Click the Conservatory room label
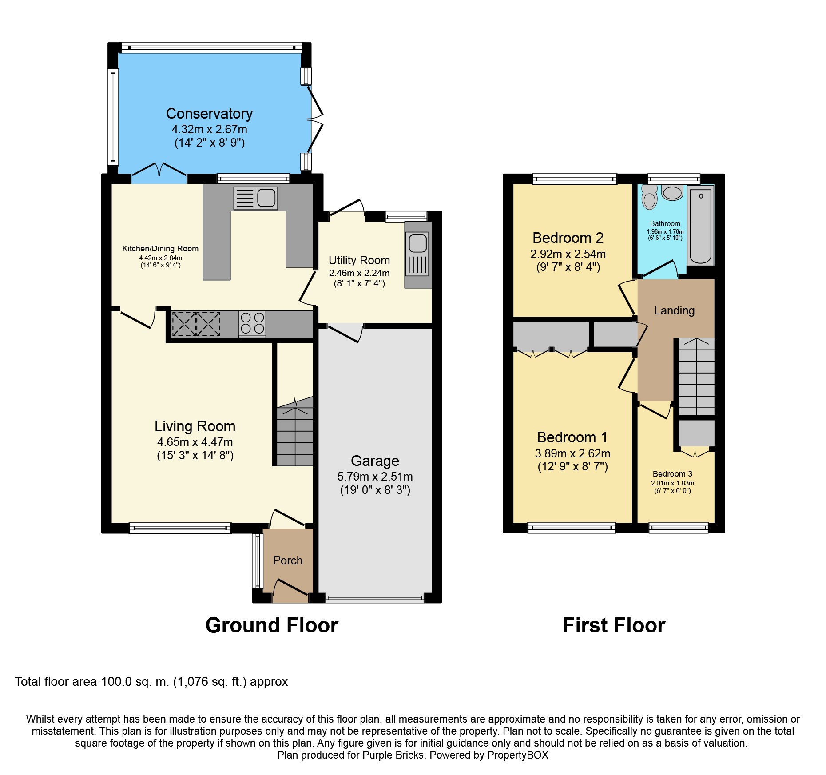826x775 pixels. (209, 114)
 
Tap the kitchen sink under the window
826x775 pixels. (256, 198)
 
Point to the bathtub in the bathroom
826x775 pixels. (700, 225)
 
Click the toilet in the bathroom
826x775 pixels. (649, 196)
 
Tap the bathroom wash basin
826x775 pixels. (672, 192)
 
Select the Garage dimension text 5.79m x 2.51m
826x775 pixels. (375, 477)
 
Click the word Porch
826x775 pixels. (288, 560)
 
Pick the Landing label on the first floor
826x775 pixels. (674, 310)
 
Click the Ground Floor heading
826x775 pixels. (272, 625)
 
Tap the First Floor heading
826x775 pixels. (614, 625)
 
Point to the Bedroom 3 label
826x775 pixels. (672, 474)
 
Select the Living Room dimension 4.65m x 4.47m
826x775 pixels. (195, 442)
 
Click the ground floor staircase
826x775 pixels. (295, 431)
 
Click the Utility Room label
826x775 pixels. (359, 260)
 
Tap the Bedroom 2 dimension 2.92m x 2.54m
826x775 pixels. (568, 254)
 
